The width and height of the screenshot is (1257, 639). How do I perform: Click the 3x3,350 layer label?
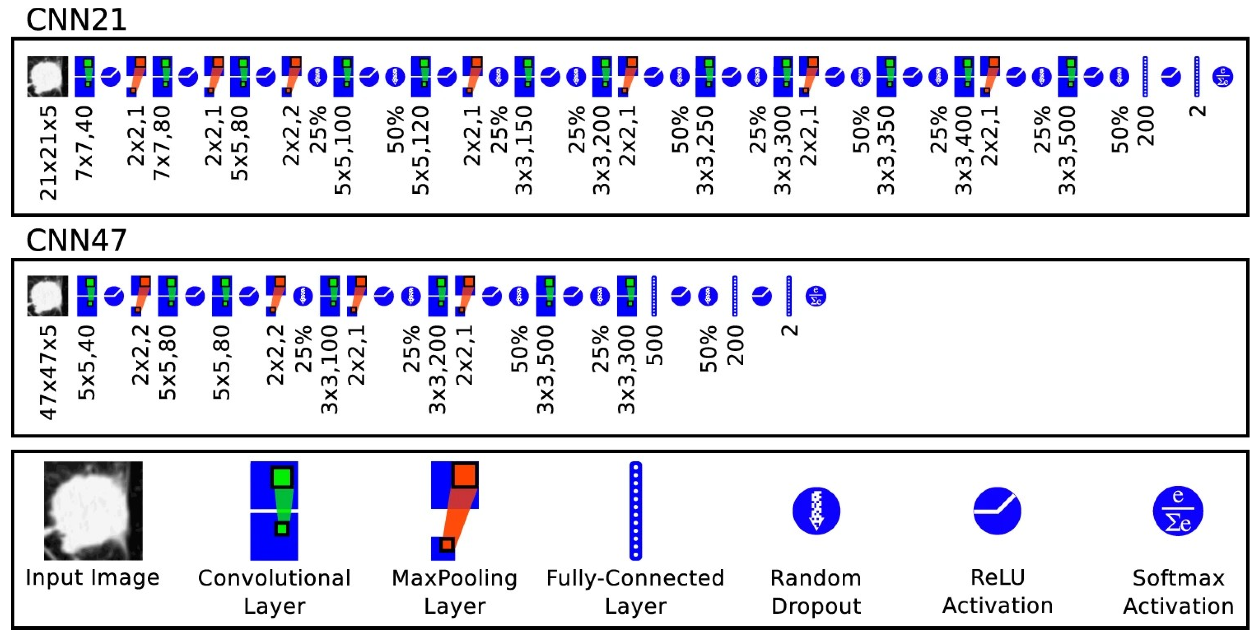click(x=886, y=150)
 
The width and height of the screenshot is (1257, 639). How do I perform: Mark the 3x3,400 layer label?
click(x=964, y=150)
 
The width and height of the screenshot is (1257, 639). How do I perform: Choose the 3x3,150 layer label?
click(x=524, y=150)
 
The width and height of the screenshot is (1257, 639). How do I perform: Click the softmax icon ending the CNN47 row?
click(x=816, y=296)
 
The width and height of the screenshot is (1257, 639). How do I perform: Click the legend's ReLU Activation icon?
click(x=997, y=511)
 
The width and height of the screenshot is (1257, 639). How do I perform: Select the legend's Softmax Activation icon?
click(x=1178, y=511)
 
